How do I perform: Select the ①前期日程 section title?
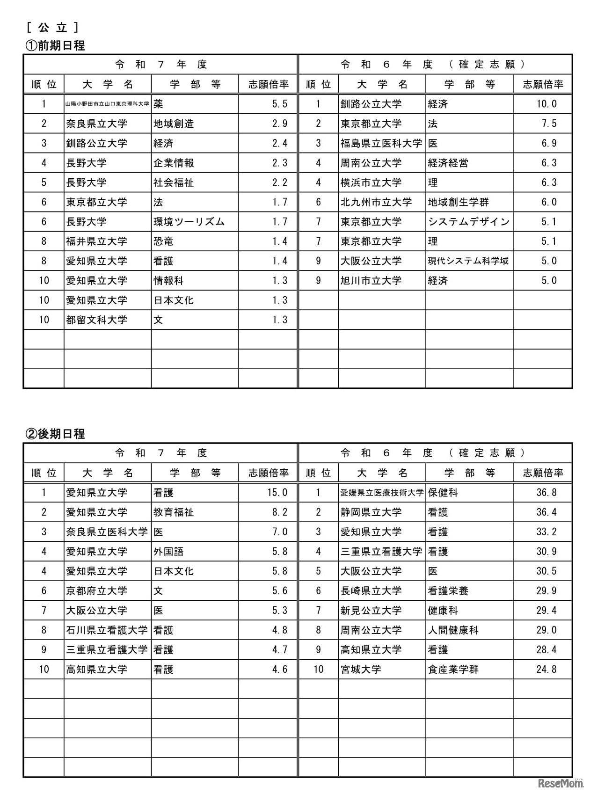55,46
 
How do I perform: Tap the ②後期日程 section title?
55,434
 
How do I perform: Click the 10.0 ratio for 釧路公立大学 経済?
546,104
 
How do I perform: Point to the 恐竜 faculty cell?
163,241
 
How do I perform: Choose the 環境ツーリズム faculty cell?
189,222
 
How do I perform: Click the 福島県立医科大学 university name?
381,143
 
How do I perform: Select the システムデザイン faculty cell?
468,222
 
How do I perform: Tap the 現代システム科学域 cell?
468,261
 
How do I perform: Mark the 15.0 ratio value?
277,493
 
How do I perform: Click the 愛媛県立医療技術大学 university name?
382,493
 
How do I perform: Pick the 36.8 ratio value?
546,493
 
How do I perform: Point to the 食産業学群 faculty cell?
453,670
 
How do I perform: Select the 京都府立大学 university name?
96,591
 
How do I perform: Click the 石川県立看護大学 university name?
107,630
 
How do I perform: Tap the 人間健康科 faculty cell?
453,630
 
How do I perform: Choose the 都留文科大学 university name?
96,320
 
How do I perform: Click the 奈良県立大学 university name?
96,124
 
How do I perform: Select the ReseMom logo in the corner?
561,782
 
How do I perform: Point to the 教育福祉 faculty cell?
174,512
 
